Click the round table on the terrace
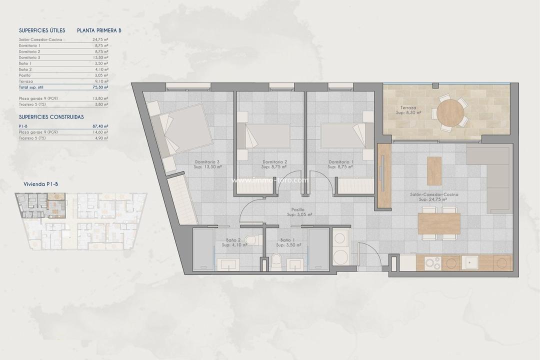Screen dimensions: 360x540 [450, 112]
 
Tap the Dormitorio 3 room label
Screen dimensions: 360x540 [207, 162]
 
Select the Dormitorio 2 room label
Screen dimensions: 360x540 [274, 162]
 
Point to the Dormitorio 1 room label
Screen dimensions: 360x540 [340, 162]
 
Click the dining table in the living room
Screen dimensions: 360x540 [438, 223]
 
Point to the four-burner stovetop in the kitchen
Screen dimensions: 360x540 [432, 262]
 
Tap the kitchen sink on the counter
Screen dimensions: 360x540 [469, 262]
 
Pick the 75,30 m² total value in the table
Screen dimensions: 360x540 [100, 86]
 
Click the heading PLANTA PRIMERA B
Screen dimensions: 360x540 [99, 30]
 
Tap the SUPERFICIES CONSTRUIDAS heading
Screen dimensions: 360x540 [51, 116]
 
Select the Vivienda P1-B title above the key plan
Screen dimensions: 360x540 [40, 184]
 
